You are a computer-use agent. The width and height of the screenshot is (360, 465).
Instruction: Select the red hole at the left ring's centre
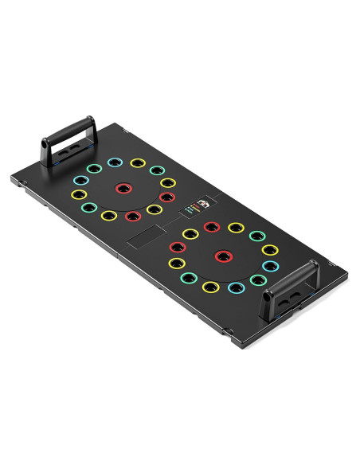point(123,188)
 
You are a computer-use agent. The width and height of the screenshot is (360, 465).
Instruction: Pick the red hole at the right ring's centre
point(224,256)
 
